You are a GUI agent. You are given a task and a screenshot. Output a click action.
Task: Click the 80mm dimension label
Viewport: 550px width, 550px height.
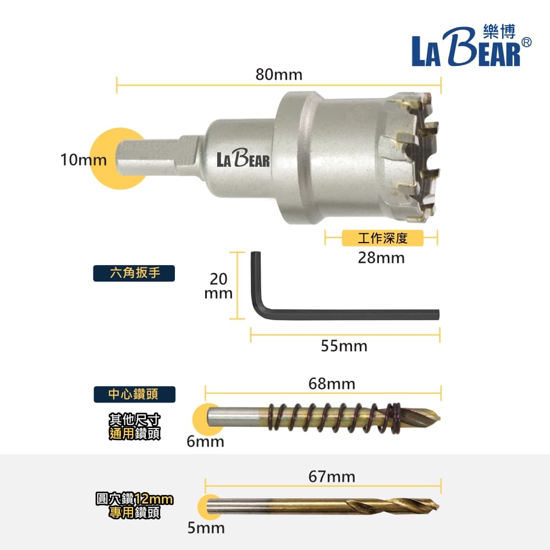[x=279, y=74]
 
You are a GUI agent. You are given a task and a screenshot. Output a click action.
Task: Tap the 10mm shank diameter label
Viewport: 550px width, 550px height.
[x=84, y=159]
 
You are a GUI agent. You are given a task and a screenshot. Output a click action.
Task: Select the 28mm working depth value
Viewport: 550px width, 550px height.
[x=381, y=258]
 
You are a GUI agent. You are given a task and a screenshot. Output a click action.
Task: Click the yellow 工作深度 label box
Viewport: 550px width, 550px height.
[x=383, y=238]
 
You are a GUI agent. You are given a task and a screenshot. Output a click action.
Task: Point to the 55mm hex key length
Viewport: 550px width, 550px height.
[x=344, y=346]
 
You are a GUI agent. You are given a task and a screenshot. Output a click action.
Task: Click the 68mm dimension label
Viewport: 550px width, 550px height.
[x=332, y=384]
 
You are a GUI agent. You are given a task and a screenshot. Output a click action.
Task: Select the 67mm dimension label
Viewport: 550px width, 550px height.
[x=332, y=477]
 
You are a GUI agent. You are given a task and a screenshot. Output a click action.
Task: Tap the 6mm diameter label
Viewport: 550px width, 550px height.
[x=206, y=442]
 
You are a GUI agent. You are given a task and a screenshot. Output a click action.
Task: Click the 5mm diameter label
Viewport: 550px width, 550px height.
[x=206, y=528]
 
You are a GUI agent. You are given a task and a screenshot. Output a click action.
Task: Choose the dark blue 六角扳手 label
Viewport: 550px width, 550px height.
[x=134, y=273]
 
